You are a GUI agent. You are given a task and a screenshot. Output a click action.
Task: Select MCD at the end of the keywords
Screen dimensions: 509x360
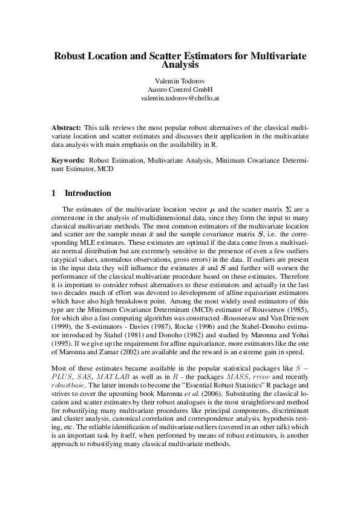coord(103,169)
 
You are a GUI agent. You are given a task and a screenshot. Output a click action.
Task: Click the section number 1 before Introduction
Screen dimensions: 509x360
coord(54,193)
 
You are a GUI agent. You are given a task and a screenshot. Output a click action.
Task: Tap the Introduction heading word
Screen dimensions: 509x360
coord(88,193)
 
